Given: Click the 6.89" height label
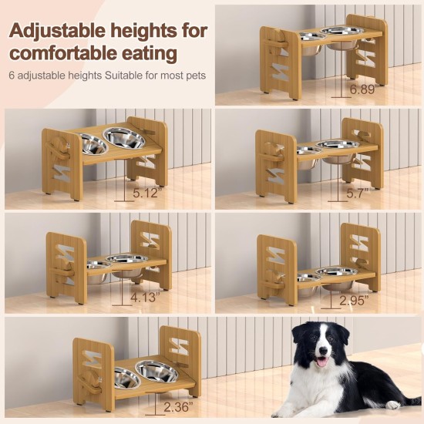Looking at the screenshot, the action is (x=362, y=89).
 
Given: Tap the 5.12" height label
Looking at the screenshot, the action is (x=146, y=193).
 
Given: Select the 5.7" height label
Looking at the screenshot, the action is (x=358, y=193).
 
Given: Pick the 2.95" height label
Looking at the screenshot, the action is (x=355, y=301).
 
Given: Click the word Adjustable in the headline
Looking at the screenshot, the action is (x=57, y=32).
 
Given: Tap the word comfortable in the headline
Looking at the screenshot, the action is (x=64, y=53).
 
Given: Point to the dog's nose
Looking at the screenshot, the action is (x=323, y=351).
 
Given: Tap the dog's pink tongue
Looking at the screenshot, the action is (x=321, y=362).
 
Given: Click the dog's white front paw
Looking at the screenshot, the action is (x=393, y=405).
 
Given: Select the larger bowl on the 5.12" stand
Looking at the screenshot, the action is (x=124, y=137).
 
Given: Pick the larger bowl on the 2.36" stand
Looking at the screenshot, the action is (x=157, y=371).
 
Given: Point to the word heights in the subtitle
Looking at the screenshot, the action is (x=85, y=76).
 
